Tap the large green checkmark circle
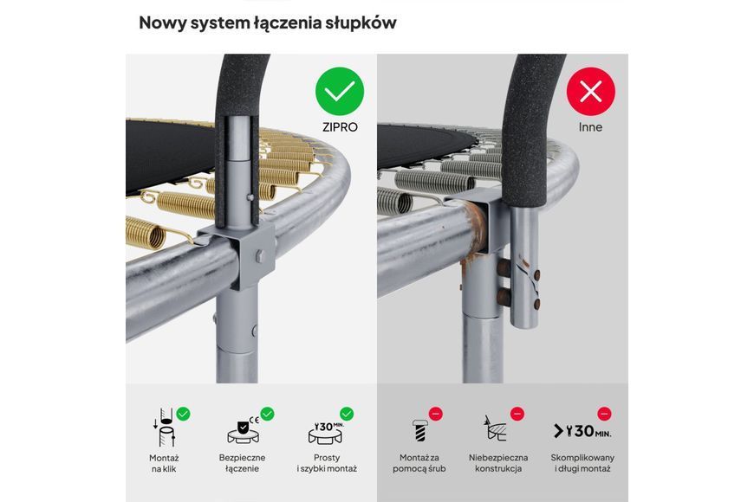340,91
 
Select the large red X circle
590,91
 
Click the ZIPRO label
340,127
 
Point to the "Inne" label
590,127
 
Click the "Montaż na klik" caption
164,464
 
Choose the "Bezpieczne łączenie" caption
242,464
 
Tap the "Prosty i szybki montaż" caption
327,464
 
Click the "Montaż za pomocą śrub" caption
419,464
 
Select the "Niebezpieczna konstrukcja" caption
498,464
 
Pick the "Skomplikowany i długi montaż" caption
582,464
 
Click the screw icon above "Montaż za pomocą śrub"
419,430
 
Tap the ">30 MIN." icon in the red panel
582,431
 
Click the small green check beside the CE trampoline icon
267,414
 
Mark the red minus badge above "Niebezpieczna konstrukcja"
517,414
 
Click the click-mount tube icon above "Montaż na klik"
164,428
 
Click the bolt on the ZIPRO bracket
260,256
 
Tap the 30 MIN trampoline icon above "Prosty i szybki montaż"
326,433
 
